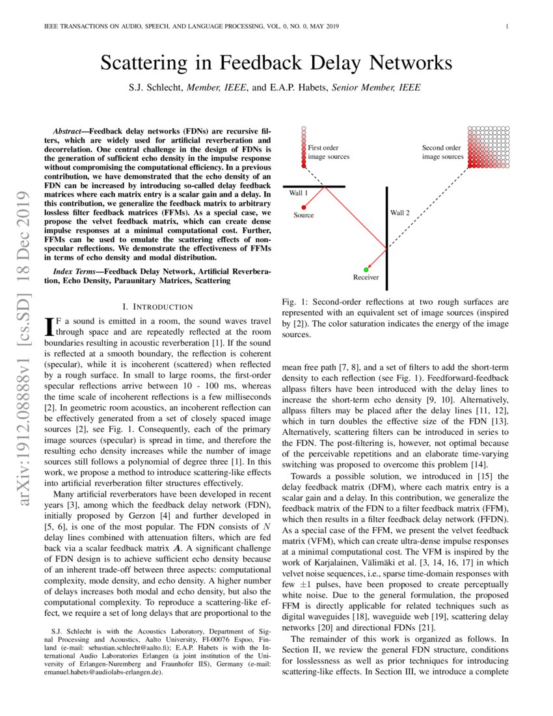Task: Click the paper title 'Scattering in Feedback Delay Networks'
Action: pos(276,63)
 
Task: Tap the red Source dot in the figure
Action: pos(304,207)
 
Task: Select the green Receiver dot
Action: pos(366,269)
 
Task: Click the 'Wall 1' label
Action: pos(299,193)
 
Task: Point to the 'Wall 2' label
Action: pos(400,213)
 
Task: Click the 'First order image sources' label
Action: pos(329,152)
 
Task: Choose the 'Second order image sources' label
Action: pos(442,152)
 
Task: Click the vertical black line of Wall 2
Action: pos(387,234)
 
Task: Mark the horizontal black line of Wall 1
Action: pos(315,186)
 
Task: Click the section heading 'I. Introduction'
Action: pos(157,307)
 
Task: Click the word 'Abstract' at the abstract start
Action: pos(72,131)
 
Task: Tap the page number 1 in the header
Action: pos(506,27)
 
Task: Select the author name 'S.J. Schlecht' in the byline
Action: pos(156,87)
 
